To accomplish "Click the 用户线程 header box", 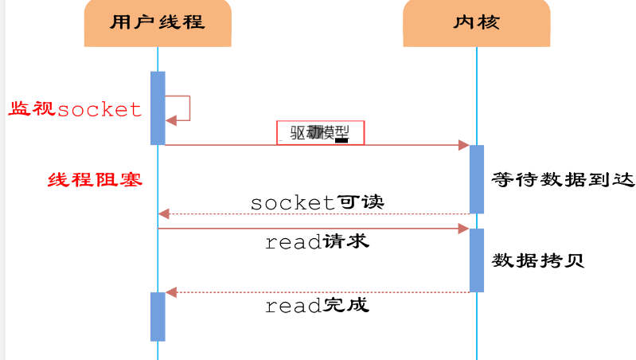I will [158, 22].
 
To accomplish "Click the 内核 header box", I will [477, 22].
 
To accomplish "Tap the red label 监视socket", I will [75, 109].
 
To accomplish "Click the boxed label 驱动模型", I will [320, 132].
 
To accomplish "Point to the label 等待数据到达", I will [564, 179].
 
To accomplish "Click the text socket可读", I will [317, 202].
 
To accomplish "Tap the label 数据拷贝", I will [539, 260].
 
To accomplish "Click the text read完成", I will [317, 305].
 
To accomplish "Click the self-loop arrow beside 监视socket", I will [181, 108].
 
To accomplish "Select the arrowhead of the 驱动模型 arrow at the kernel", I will [463, 145].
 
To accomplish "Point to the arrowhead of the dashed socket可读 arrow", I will [164, 213].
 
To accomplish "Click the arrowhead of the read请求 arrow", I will [463, 229].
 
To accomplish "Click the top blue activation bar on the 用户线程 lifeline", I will [158, 108].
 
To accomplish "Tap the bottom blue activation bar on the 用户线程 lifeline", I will [158, 316].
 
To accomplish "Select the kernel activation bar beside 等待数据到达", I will [477, 179].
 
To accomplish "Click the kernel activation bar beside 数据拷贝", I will [477, 260].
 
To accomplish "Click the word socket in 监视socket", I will [99, 110].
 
